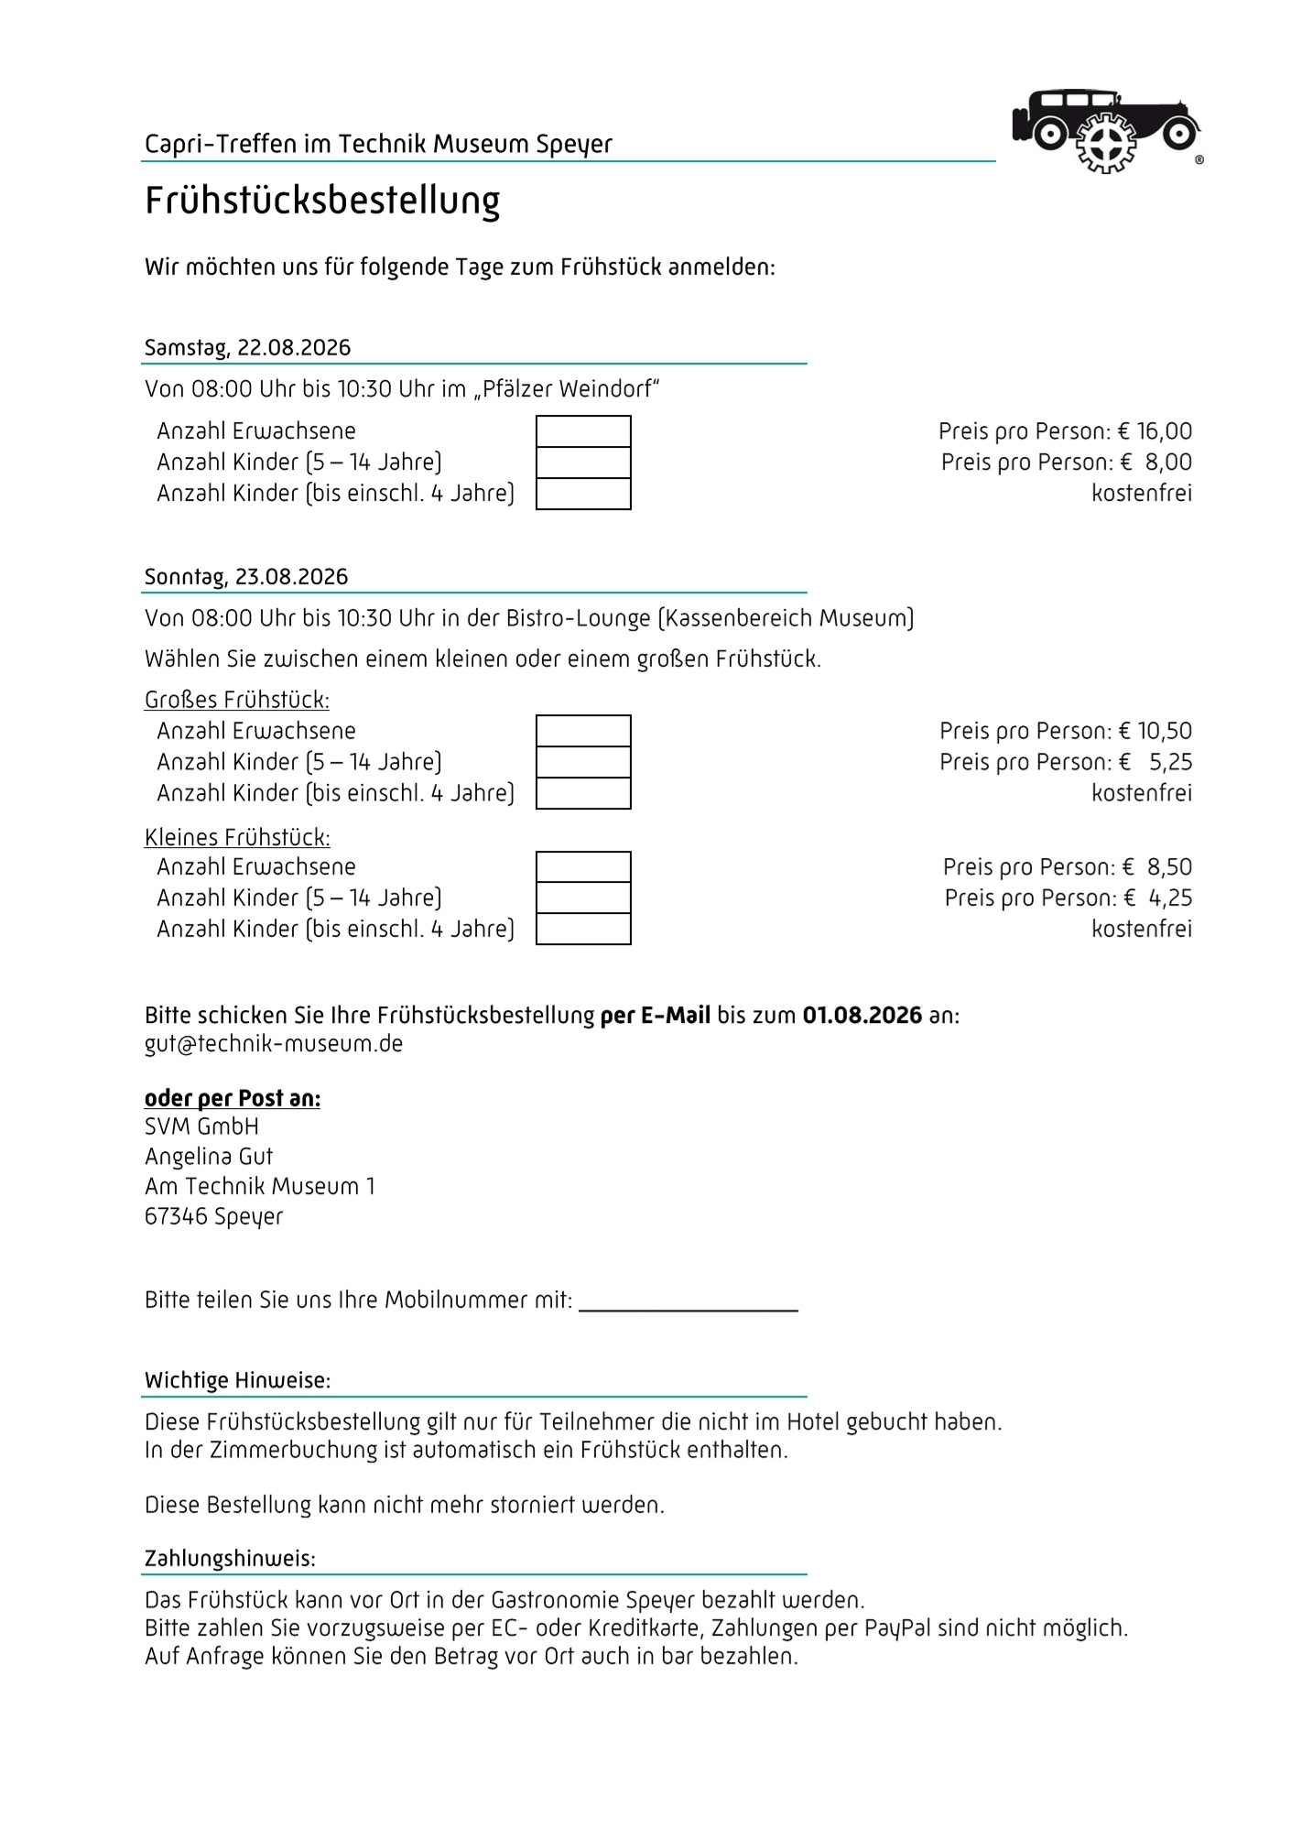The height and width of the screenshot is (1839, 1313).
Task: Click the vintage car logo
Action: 1106,130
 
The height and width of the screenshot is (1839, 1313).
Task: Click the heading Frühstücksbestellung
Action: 322,201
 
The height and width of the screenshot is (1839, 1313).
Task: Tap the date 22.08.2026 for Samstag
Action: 293,348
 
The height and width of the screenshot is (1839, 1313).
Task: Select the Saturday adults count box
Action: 583,431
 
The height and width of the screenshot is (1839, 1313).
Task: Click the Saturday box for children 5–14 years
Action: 583,462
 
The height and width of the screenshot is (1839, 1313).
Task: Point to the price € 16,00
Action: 1156,431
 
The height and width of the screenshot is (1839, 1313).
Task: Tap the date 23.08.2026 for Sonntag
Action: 291,577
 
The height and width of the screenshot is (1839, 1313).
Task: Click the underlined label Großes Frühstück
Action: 236,701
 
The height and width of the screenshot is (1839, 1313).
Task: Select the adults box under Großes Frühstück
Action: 583,731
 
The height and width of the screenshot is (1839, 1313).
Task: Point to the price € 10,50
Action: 1156,731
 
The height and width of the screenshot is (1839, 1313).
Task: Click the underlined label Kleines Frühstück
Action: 237,838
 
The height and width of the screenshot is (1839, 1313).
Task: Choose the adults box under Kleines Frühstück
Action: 583,867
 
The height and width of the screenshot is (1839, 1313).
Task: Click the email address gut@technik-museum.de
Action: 274,1044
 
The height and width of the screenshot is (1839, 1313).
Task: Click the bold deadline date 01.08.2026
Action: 862,1016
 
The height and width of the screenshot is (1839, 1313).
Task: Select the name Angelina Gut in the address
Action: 209,1157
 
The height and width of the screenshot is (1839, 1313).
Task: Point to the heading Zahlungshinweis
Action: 230,1559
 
